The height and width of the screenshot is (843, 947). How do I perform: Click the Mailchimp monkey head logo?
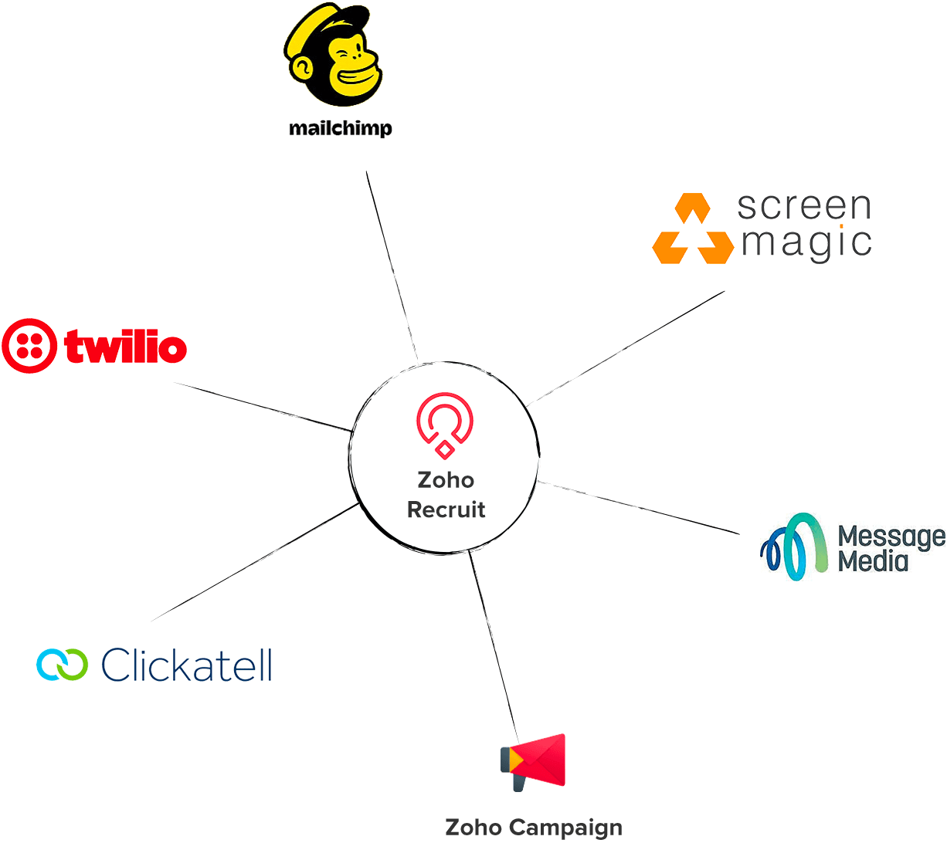coord(333,55)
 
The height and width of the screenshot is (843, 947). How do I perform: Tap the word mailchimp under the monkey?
coord(341,128)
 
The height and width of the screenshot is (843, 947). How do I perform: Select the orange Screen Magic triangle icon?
coord(693,229)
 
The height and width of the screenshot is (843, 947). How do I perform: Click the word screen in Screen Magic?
coord(804,206)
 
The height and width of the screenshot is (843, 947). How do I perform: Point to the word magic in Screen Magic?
coord(806,243)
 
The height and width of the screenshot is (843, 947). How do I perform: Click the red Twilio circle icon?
coord(29,346)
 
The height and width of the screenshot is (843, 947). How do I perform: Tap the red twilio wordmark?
coord(125,347)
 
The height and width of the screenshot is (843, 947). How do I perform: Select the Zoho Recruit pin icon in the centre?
coord(444,425)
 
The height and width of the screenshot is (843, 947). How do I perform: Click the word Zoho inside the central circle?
coord(446,480)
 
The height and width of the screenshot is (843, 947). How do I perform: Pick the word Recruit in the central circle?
coord(446,510)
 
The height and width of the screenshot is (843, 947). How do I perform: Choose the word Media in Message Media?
coord(873,560)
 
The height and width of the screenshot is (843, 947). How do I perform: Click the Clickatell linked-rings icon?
coord(62,664)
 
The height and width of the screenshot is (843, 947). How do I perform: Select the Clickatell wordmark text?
coord(186,664)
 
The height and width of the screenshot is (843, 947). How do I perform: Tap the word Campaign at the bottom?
coord(565,828)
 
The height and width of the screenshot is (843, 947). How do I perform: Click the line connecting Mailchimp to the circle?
coord(392,266)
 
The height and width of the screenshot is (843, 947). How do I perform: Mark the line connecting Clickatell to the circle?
coord(255,562)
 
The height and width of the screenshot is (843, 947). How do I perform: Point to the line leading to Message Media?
coord(639,507)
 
